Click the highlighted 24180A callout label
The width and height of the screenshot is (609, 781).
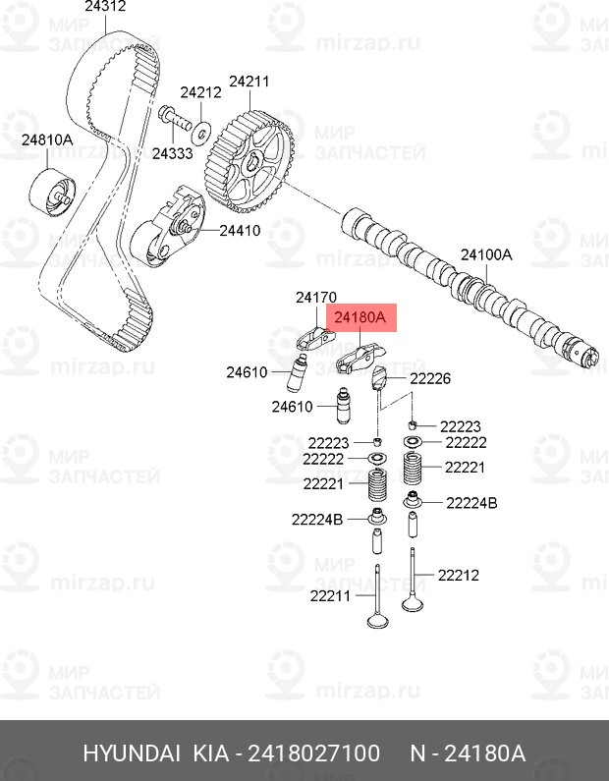(x=360, y=317)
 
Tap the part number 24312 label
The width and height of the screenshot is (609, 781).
(x=105, y=6)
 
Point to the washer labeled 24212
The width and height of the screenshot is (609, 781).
(x=201, y=131)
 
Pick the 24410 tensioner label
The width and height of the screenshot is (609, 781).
(x=240, y=231)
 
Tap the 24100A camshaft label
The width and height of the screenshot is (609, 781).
(x=486, y=255)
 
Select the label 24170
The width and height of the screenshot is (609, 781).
(x=316, y=298)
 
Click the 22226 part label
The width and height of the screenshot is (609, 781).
(x=430, y=378)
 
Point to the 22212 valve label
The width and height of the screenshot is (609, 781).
(x=459, y=576)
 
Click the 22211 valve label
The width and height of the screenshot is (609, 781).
(x=331, y=595)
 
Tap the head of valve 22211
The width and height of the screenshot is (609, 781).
(x=378, y=621)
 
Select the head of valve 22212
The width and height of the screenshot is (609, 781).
(x=413, y=604)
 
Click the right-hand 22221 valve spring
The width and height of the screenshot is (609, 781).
(x=413, y=470)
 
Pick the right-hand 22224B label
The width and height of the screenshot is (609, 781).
(x=471, y=503)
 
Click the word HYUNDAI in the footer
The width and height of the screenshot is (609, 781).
(x=132, y=753)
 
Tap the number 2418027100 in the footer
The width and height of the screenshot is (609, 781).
(x=313, y=753)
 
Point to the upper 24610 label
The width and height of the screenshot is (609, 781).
(x=247, y=372)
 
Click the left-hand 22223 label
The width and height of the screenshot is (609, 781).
(x=329, y=443)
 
